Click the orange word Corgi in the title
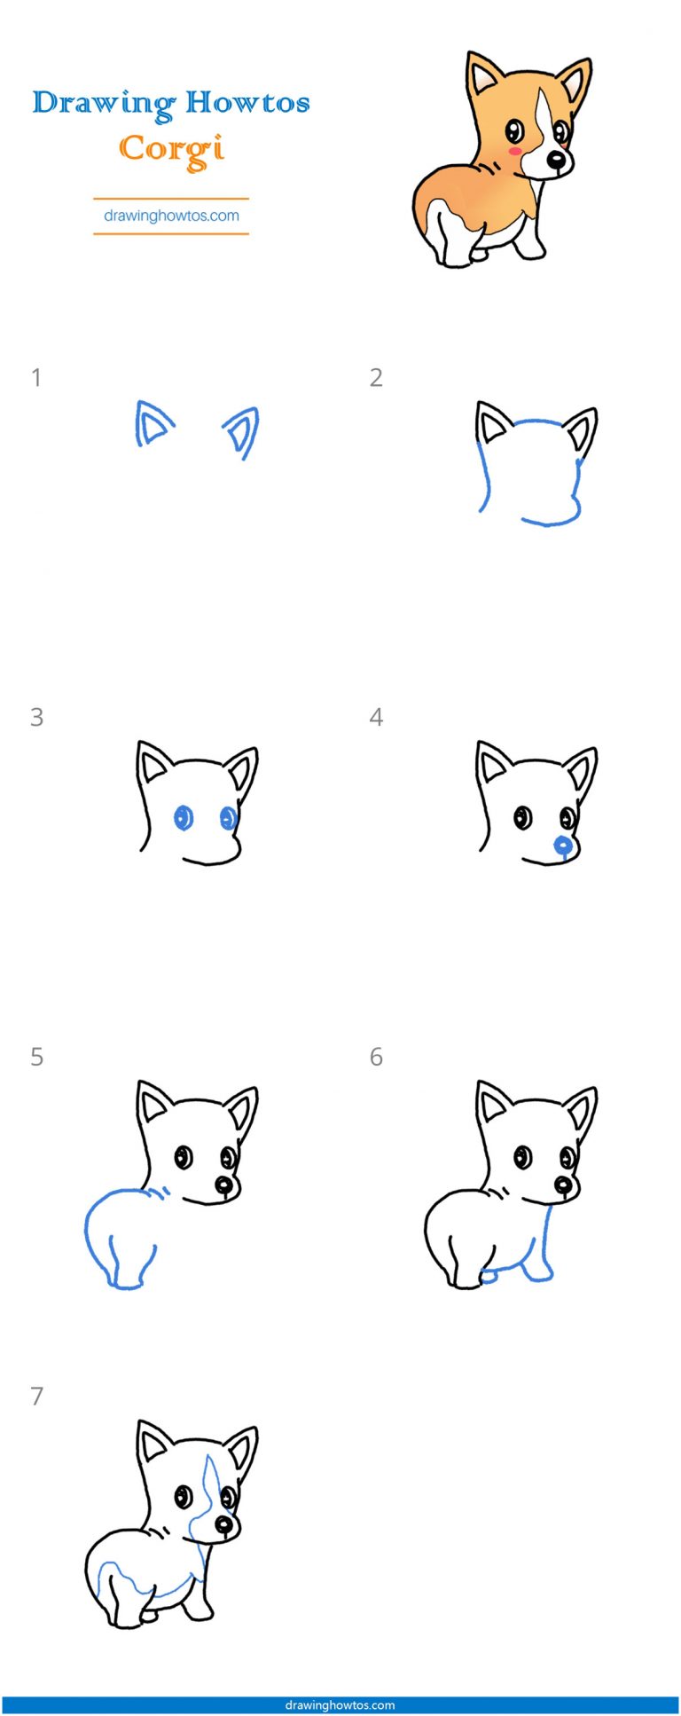[x=171, y=150]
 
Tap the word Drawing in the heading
[x=103, y=104]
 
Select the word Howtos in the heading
[x=247, y=102]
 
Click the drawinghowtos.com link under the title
[x=171, y=216]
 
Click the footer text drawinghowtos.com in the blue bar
[x=340, y=1704]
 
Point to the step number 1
[x=36, y=378]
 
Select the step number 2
[x=376, y=378]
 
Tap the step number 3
[x=36, y=717]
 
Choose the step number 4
[x=376, y=717]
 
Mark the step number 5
[x=36, y=1057]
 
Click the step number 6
[x=376, y=1057]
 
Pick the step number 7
[x=36, y=1397]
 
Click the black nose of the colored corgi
[x=556, y=161]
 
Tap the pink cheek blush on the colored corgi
[x=513, y=152]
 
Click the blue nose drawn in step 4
[x=562, y=846]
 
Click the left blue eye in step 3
[x=184, y=817]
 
